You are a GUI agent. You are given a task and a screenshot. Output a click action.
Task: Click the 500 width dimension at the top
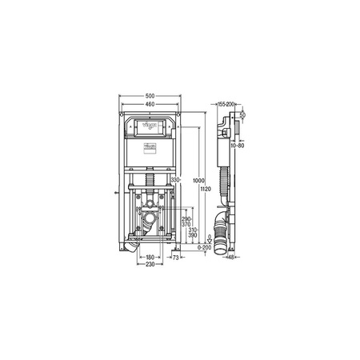tap(150, 96)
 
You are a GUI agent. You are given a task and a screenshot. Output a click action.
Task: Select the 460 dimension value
tap(150, 104)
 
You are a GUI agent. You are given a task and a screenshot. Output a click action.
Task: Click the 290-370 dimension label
tap(186, 222)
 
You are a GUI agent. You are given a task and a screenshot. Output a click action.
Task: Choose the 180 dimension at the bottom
tap(150, 258)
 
